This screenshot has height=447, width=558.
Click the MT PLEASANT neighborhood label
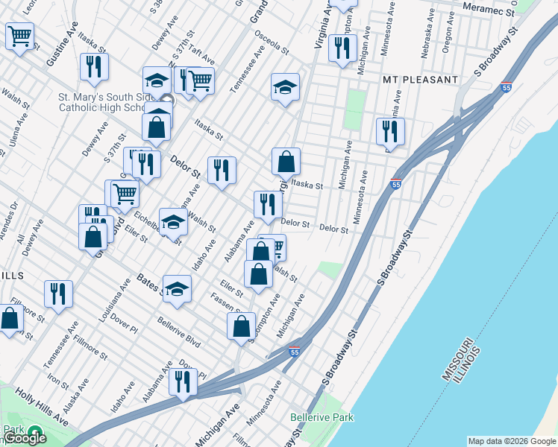[x=419, y=80]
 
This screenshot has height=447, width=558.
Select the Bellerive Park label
[x=322, y=418]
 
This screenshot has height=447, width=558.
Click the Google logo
[x=25, y=438]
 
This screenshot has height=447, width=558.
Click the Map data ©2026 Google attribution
[x=511, y=441]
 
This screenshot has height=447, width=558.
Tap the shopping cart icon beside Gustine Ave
[x=19, y=36]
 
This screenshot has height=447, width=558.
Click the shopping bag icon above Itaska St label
[x=286, y=160]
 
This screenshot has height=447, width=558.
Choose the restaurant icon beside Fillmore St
[x=58, y=294]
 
